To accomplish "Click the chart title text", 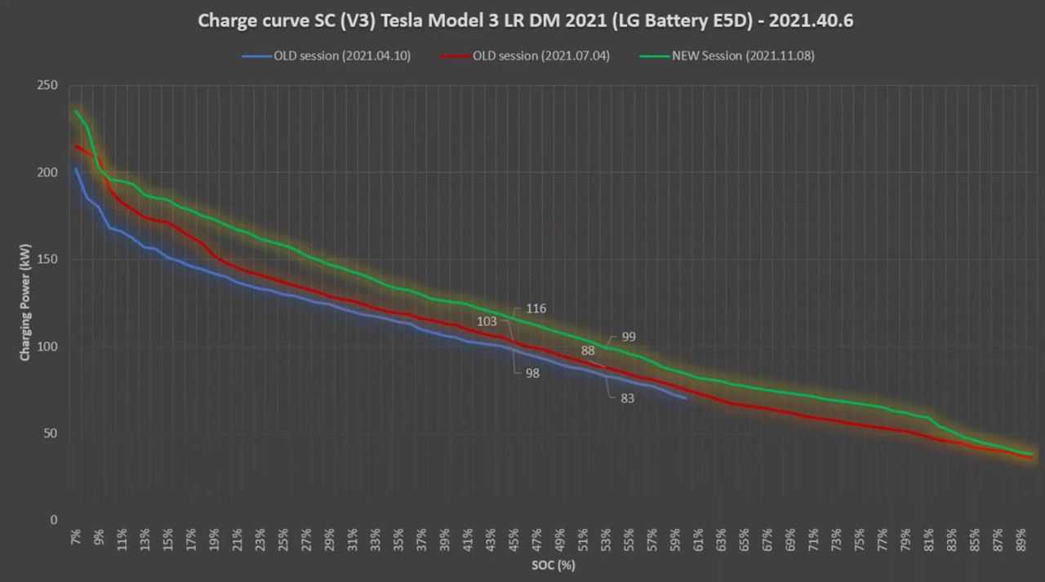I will pos(525,21).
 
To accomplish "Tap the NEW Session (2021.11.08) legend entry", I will pos(742,56).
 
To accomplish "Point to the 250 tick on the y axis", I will pos(47,86).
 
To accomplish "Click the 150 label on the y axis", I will pos(47,260).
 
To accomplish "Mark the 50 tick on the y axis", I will pos(51,433).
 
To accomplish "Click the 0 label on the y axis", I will pos(54,520).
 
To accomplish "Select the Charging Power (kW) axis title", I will pos(25,303).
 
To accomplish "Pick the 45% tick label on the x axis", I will pos(513,540).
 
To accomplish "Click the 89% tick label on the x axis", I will pos(1021,540).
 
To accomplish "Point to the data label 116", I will pos(536,309).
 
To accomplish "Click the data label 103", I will pos(487,322).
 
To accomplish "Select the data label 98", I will pos(532,373).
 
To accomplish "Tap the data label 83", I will pos(627,398).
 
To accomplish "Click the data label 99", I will pos(628,336).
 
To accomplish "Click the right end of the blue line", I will pos(686,398).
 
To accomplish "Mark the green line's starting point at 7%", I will pos(76,111).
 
